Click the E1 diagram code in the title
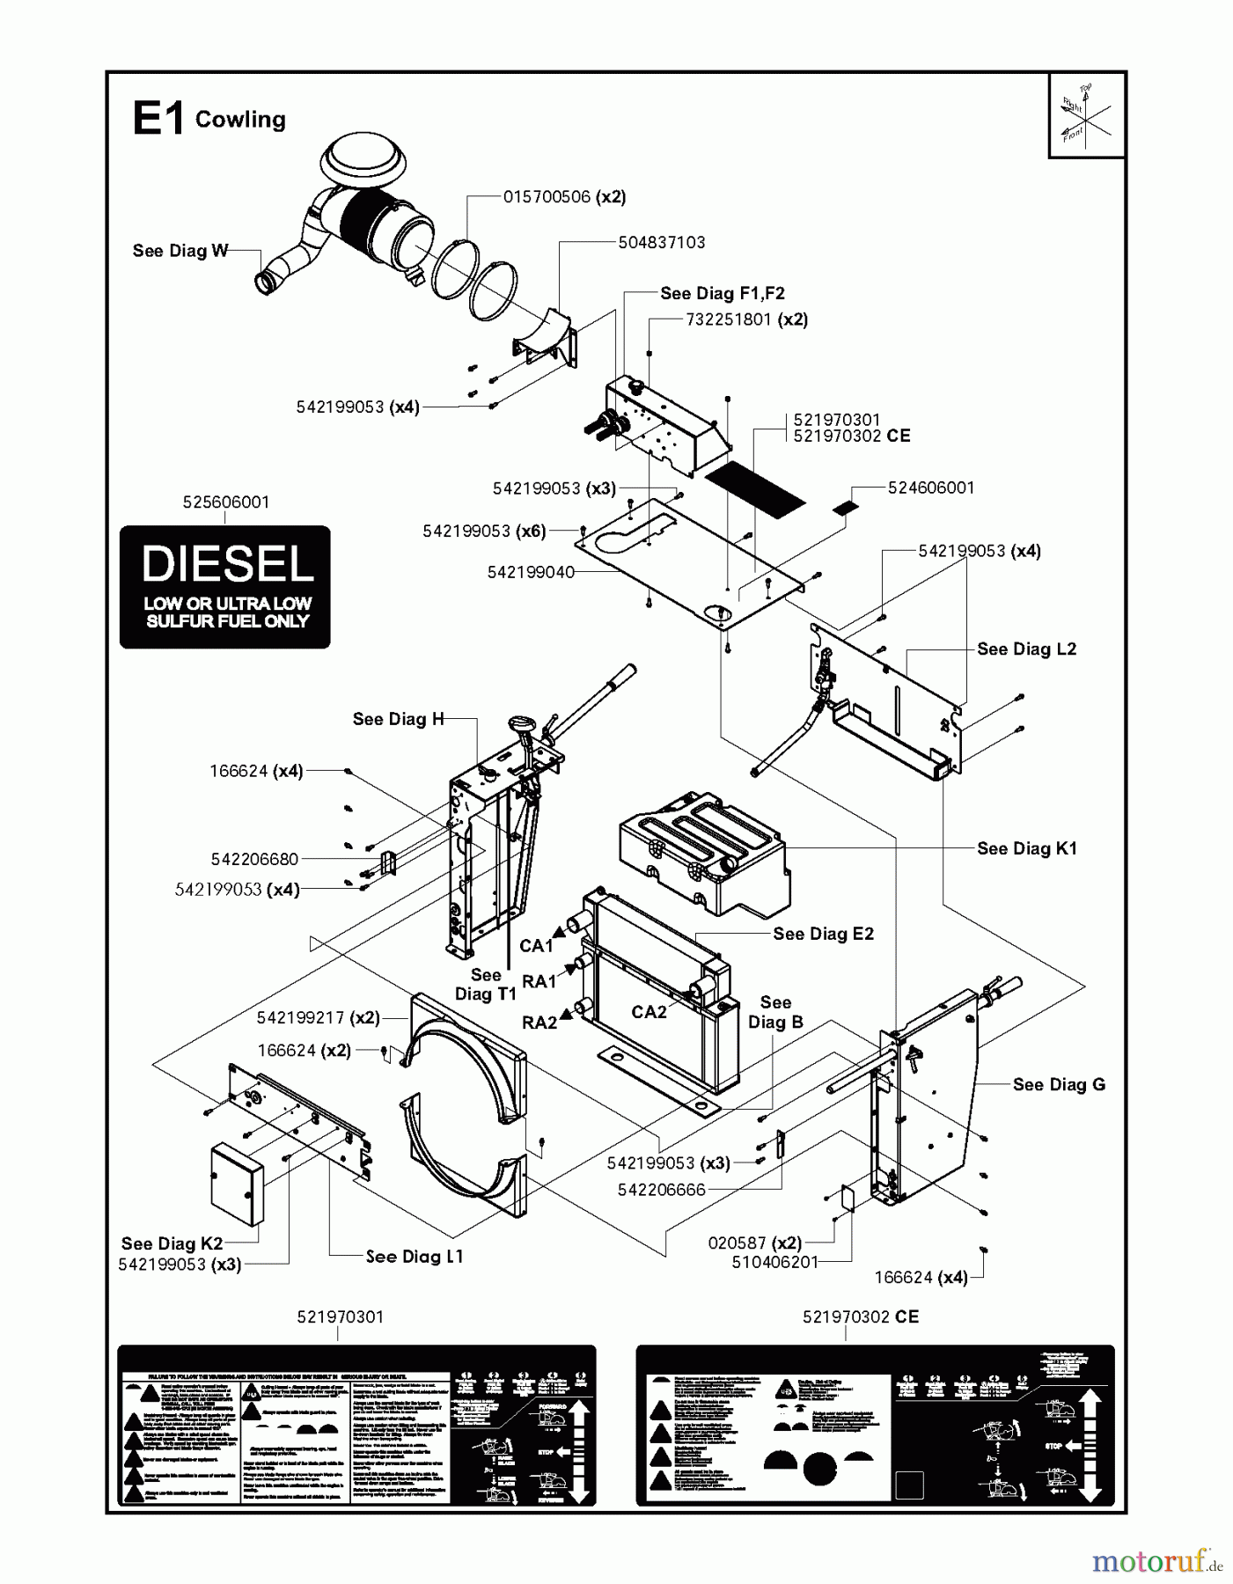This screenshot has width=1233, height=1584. coord(158,118)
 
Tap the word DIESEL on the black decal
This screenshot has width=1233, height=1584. coord(227,563)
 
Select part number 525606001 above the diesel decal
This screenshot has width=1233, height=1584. coord(226,502)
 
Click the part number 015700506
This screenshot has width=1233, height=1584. coord(547,196)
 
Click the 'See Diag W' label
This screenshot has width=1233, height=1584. coord(180,251)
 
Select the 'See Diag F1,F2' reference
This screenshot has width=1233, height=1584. coord(722,293)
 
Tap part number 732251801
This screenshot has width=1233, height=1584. coord(729,319)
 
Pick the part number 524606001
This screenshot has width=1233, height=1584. coord(930,488)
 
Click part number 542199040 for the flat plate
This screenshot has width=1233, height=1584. coord(531,572)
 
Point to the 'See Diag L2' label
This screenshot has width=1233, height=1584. coord(1026,649)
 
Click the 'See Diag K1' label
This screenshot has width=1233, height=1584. coord(1026,848)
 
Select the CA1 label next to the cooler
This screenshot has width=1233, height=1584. coord(536,946)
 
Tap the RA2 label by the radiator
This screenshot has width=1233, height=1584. coord(539,1023)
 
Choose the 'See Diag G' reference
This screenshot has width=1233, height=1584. coord(1058,1084)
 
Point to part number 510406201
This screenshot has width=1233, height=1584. coord(774,1262)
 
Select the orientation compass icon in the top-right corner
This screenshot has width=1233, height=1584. coord(1086,115)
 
